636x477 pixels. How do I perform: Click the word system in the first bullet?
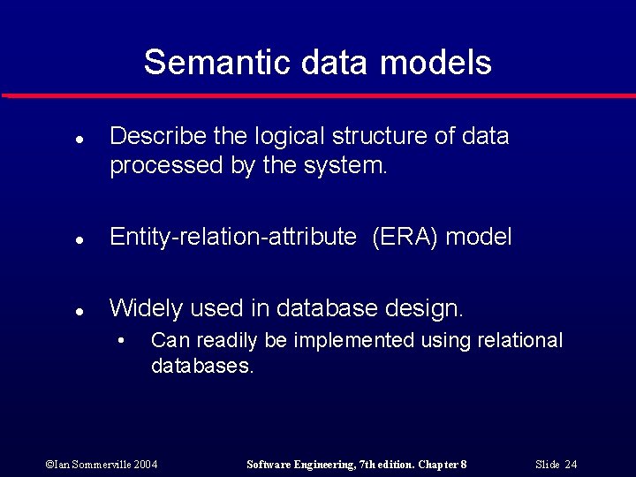pos(351,166)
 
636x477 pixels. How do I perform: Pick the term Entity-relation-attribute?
pos(232,237)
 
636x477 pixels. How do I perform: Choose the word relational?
pos(520,341)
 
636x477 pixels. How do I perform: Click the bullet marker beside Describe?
pos(79,140)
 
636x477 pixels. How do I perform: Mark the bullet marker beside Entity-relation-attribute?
pos(79,239)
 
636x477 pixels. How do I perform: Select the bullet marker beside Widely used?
pos(79,311)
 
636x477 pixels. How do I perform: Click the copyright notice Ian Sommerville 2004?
pos(102,465)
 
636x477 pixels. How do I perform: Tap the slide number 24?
pos(556,465)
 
